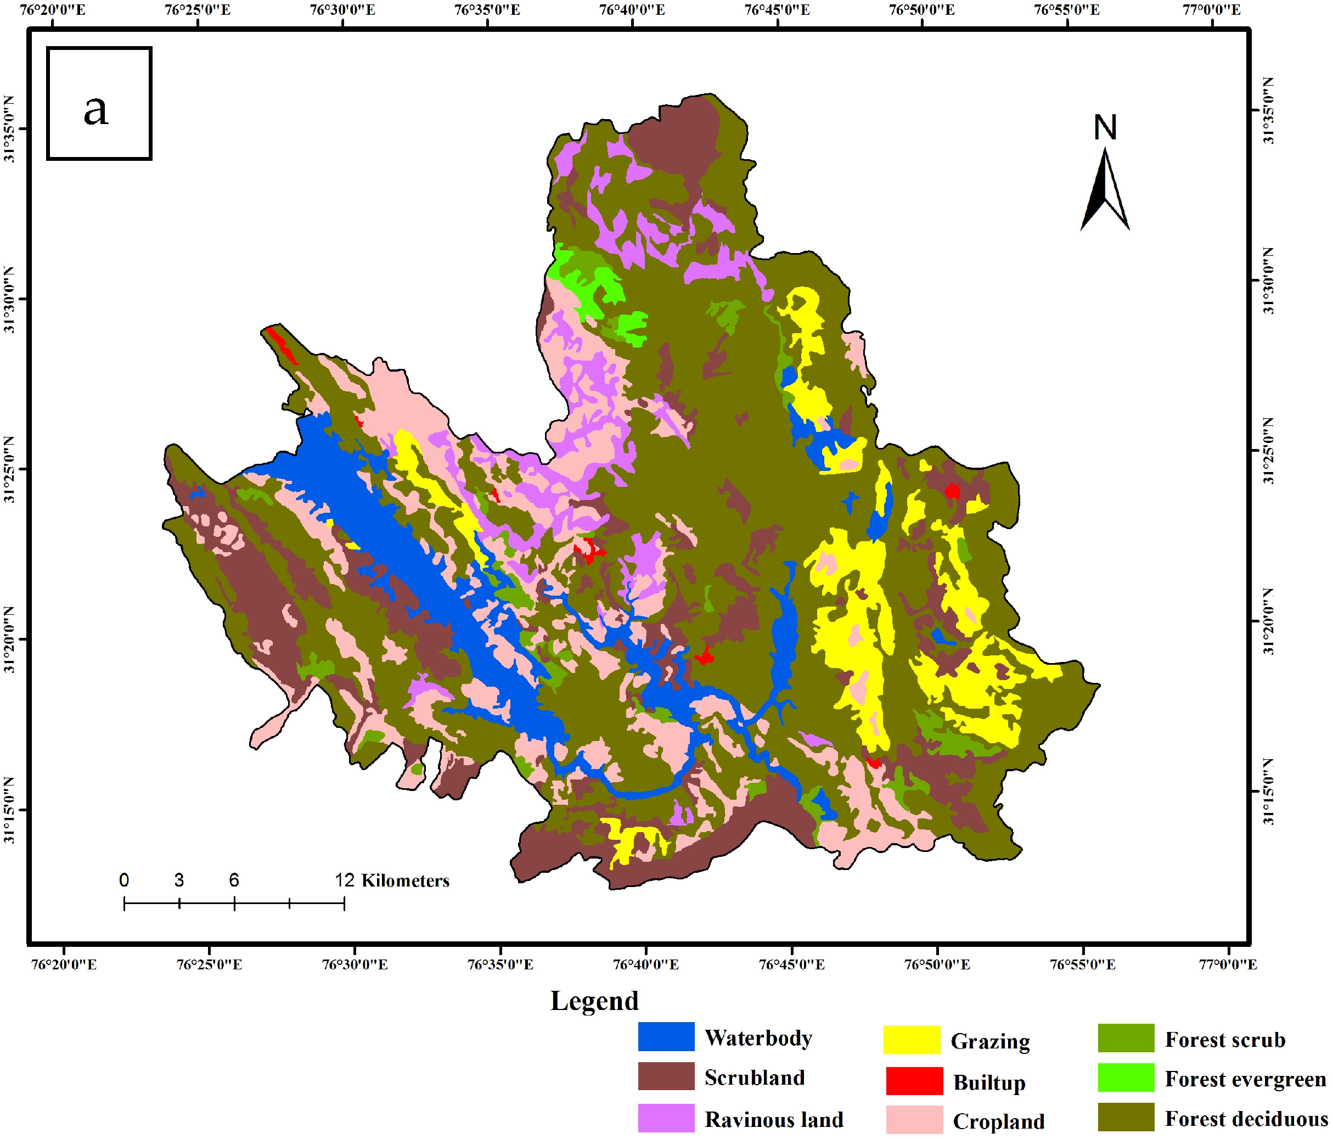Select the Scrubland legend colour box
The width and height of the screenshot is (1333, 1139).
(666, 1076)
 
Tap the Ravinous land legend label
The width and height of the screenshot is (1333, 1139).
(774, 1120)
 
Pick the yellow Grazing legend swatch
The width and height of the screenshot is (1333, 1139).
(911, 1040)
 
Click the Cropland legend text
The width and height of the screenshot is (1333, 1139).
(998, 1121)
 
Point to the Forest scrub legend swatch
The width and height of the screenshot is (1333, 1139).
(1126, 1038)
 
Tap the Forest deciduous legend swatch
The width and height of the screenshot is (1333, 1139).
(1126, 1117)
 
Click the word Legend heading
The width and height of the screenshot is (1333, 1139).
(594, 1001)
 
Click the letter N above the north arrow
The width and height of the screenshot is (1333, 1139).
(1105, 127)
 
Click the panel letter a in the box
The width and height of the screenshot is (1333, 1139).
(96, 109)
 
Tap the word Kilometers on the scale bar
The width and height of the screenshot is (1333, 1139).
(406, 881)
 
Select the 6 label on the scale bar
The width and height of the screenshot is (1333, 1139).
(234, 880)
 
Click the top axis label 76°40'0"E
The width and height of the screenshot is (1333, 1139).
(632, 10)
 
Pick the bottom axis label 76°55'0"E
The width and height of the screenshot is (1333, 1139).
(1083, 964)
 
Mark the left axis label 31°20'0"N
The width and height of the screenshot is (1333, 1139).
(10, 639)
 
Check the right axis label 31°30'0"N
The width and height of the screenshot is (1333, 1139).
(1268, 281)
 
